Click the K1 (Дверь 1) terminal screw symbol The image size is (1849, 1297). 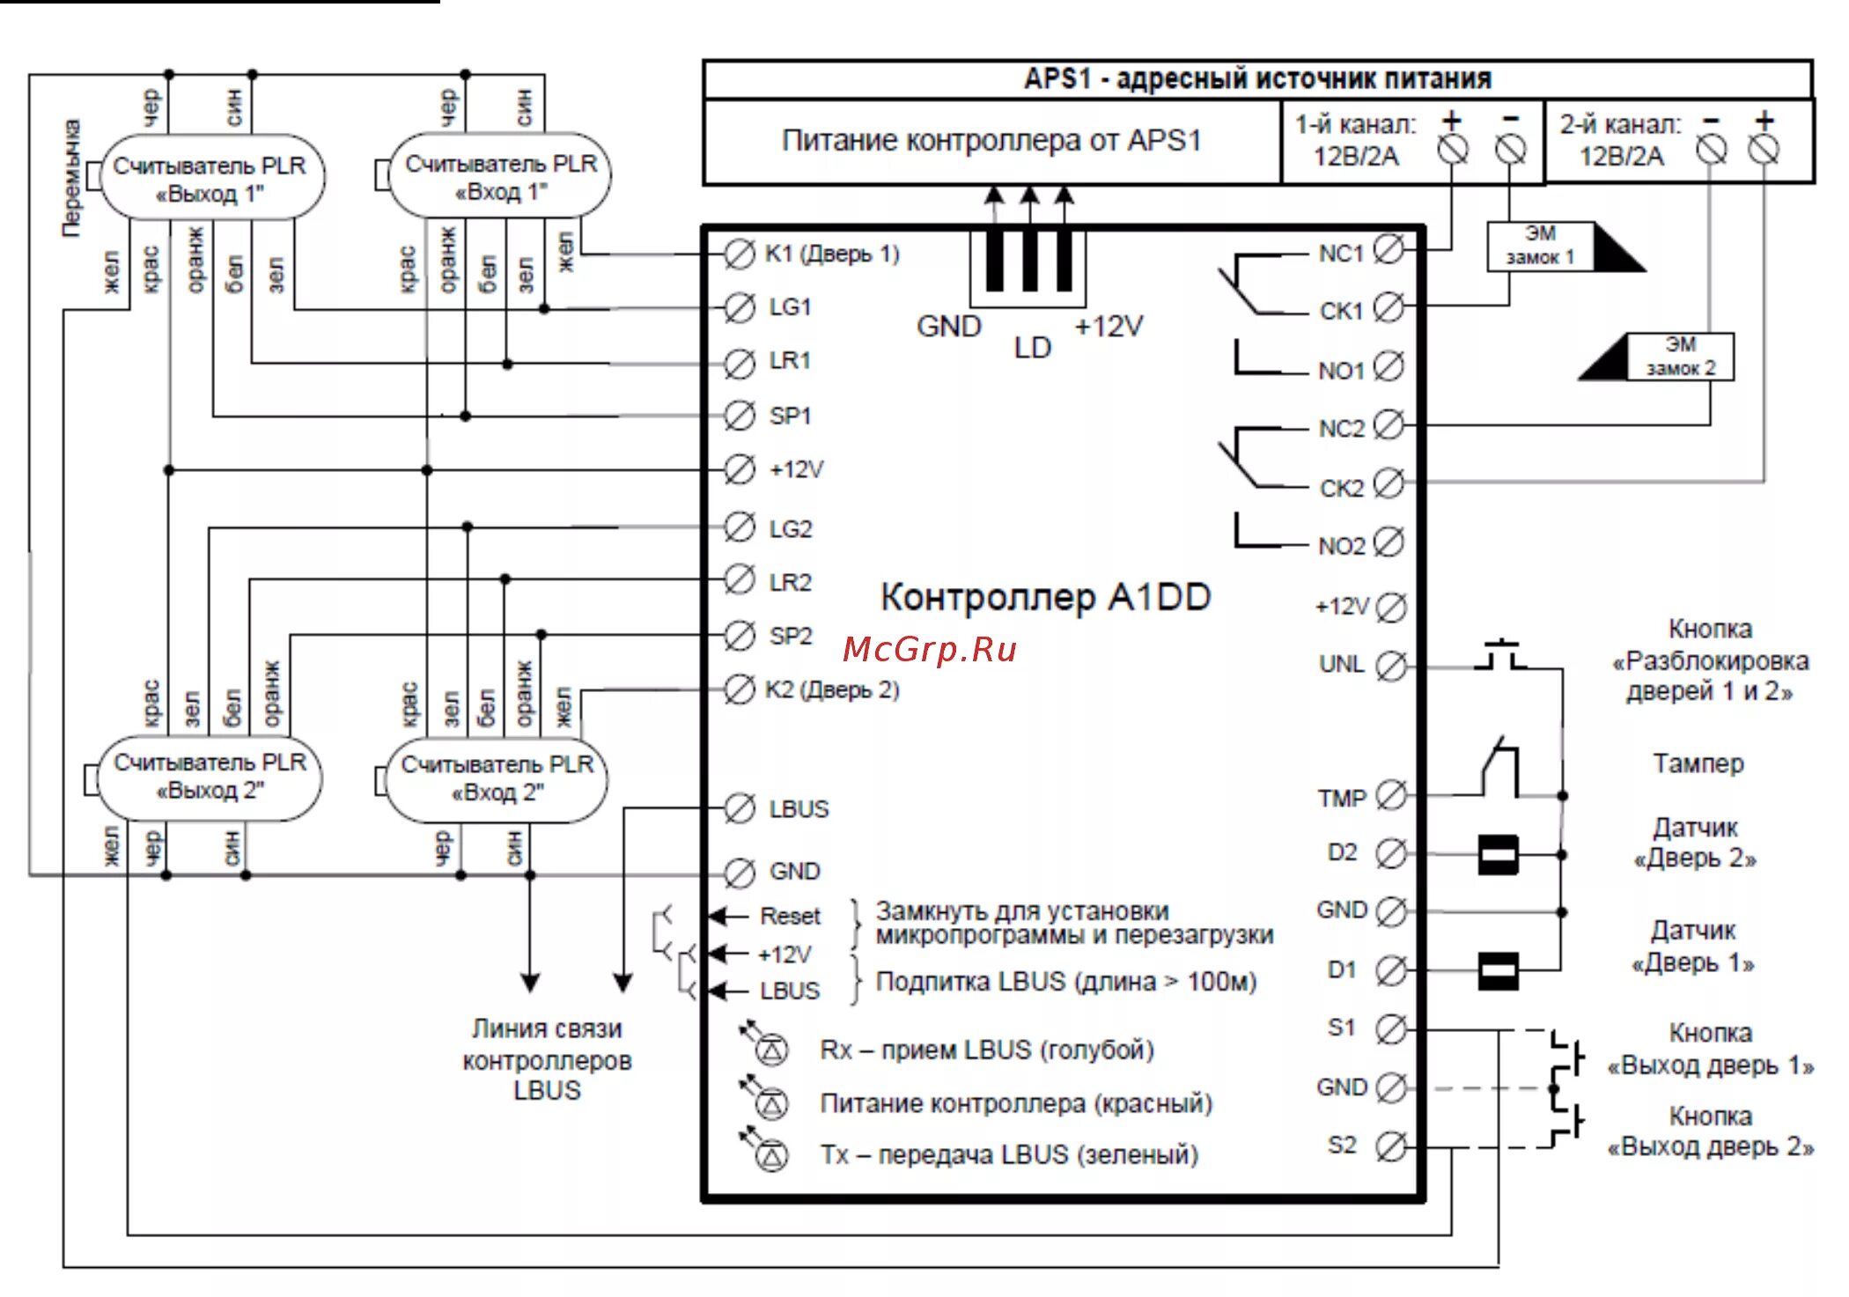point(739,254)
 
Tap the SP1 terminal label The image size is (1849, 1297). point(790,416)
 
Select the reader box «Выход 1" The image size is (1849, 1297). point(211,179)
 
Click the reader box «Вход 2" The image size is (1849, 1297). point(497,778)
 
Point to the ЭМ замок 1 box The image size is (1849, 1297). point(1541,246)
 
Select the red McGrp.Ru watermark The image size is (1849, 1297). point(930,650)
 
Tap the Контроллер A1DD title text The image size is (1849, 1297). point(1045,597)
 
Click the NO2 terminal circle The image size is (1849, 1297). point(1389,542)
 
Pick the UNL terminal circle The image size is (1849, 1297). point(1391,666)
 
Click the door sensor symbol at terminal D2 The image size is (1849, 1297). point(1498,854)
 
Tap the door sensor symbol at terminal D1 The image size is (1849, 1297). point(1498,971)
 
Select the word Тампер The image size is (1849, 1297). point(1698,763)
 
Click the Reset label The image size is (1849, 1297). point(790,917)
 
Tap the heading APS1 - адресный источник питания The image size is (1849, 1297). point(1257,79)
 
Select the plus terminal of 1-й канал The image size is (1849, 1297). point(1453,150)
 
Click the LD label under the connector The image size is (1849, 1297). point(1032,348)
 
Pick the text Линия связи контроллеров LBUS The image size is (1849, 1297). point(547,1059)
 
